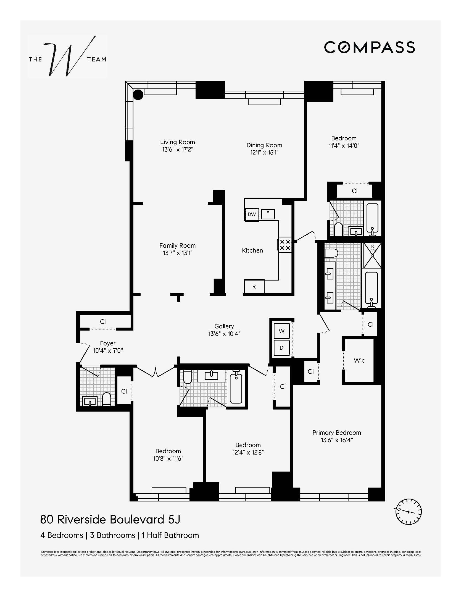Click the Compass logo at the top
tap(369, 47)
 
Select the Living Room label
tap(177, 142)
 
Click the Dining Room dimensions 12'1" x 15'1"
tap(264, 153)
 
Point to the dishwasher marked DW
tap(252, 214)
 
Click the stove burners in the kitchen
tap(285, 245)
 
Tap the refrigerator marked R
tap(254, 287)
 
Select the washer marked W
tap(281, 331)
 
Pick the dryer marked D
tap(281, 348)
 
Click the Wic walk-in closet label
tap(359, 360)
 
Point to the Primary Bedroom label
tap(336, 433)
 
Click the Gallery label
tap(224, 326)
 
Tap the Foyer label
tap(108, 343)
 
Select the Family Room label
tap(177, 245)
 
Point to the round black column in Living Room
tap(138, 95)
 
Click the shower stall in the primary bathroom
tap(372, 255)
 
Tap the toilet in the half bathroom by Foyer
tap(107, 399)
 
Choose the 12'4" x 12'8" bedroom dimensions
tap(248, 452)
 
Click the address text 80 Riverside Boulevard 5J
tap(110, 520)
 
